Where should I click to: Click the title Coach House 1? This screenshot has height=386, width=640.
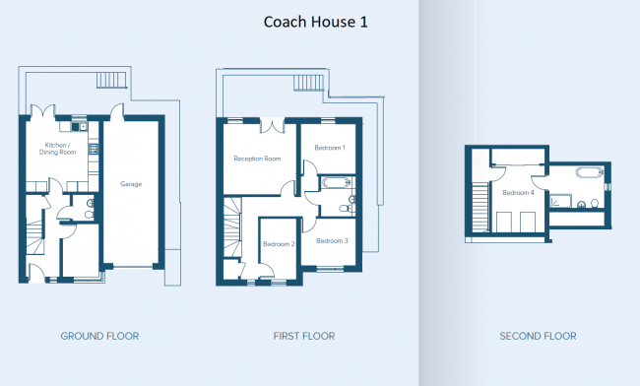315,22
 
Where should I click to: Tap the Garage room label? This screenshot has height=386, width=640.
131,184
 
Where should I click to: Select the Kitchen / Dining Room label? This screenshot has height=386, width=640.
57,149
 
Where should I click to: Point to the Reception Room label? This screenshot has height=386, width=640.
257,159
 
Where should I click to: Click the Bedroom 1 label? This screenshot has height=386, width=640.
330,148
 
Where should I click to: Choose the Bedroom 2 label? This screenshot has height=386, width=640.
279,244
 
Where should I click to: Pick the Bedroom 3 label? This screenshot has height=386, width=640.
332,240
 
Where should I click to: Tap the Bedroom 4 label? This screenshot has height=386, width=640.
518,193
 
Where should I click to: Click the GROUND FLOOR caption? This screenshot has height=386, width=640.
100,336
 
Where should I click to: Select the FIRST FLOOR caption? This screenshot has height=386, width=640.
304,336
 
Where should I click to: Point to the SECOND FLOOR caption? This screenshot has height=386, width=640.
538,336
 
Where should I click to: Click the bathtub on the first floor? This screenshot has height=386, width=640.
336,182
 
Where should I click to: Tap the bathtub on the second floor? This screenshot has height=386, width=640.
590,171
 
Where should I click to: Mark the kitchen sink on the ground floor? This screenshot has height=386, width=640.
79,126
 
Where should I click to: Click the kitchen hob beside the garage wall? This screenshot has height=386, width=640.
94,149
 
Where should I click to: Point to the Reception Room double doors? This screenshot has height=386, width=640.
272,125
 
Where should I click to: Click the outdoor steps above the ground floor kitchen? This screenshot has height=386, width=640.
111,80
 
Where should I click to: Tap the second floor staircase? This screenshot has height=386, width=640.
480,207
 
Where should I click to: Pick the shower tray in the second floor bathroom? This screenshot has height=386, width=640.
560,202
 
